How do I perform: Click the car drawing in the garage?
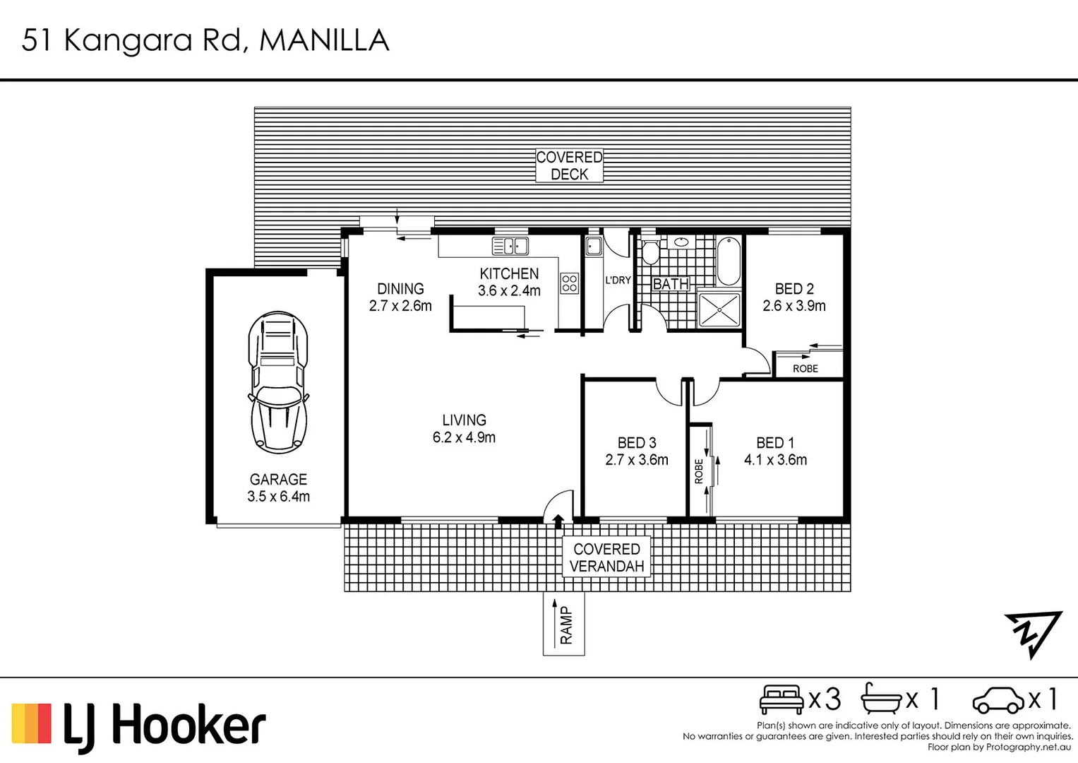278,382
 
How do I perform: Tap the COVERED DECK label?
569,165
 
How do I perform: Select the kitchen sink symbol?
510,246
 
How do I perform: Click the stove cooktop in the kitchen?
569,283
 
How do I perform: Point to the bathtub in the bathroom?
729,261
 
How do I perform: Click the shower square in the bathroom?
719,309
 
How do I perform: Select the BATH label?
671,284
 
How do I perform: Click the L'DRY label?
618,280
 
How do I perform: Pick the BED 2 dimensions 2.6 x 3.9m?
794,306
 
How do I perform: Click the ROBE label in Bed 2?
805,369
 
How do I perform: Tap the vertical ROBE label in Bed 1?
699,471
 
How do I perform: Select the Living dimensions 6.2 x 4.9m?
464,437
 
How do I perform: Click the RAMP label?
566,625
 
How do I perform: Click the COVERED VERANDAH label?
606,557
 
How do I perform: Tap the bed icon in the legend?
781,699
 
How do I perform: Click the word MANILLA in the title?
324,40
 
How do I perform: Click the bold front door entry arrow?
558,521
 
